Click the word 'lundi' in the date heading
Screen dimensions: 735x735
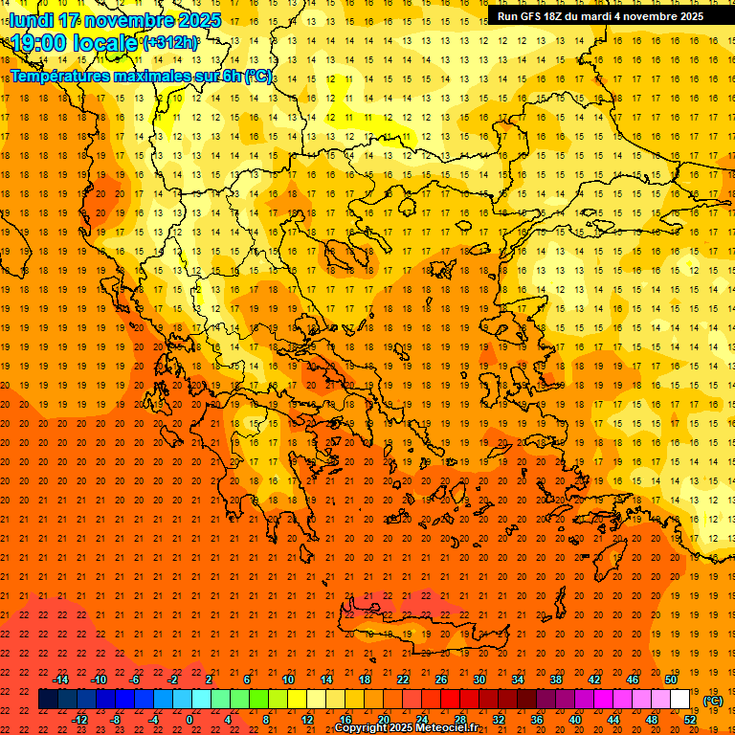(33, 20)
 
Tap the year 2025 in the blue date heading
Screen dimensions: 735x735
(195, 20)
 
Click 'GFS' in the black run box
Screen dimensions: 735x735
(536, 16)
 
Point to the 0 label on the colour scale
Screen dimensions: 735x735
(189, 720)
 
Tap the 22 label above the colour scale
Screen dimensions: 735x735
(403, 679)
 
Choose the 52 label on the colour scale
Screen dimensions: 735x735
(690, 720)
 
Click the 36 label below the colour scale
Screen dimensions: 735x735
(537, 720)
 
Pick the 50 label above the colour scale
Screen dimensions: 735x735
(671, 679)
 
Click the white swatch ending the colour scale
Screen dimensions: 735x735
(680, 700)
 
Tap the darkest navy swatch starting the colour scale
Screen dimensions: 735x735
(48, 700)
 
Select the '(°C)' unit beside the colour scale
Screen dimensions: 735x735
(713, 701)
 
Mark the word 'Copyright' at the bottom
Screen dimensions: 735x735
(364, 728)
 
